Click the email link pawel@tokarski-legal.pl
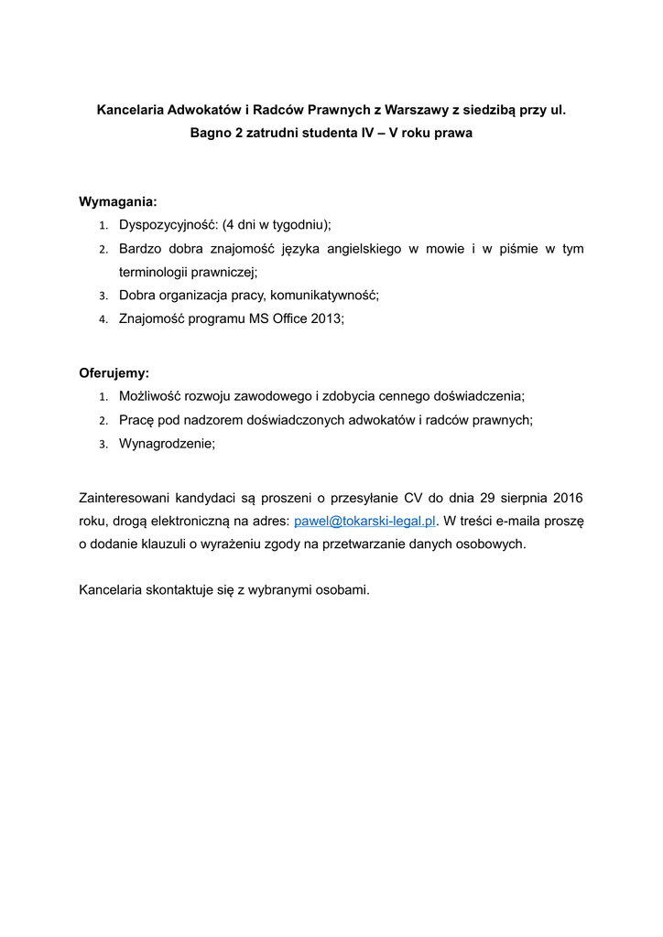(364, 522)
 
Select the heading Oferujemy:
(114, 373)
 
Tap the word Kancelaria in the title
(128, 111)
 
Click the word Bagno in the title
(210, 134)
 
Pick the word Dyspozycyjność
(167, 225)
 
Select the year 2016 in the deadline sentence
(567, 499)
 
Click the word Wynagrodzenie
(166, 443)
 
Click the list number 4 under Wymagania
(103, 319)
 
